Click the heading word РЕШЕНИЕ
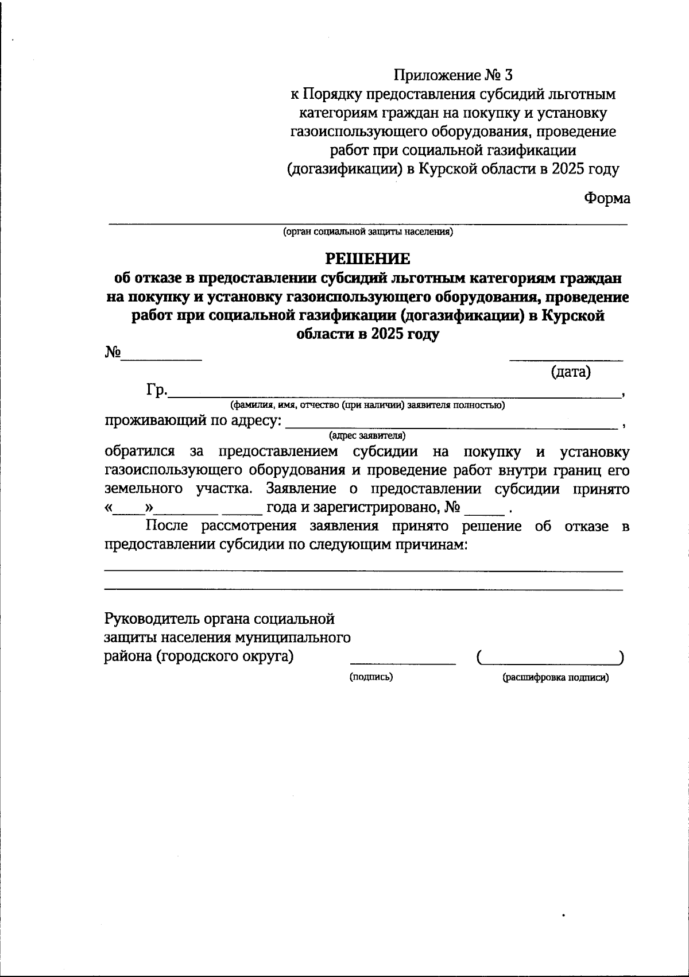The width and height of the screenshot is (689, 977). tap(368, 259)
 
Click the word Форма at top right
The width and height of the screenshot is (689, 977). tap(607, 199)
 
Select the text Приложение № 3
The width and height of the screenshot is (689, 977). tap(452, 75)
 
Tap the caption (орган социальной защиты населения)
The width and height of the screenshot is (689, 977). tap(368, 232)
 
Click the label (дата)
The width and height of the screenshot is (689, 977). tap(571, 372)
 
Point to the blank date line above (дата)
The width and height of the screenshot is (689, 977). tap(566, 360)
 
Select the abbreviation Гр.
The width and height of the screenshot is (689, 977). tap(157, 391)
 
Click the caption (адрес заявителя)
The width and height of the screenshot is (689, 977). tap(367, 435)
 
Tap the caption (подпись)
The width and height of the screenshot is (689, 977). tap(371, 677)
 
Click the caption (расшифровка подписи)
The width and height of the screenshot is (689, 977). tap(556, 678)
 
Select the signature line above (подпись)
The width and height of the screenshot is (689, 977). tap(402, 663)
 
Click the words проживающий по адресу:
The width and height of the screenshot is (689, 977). tap(193, 421)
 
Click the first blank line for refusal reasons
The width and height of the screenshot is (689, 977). tap(363, 571)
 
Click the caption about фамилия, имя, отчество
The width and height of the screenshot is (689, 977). tap(367, 405)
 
